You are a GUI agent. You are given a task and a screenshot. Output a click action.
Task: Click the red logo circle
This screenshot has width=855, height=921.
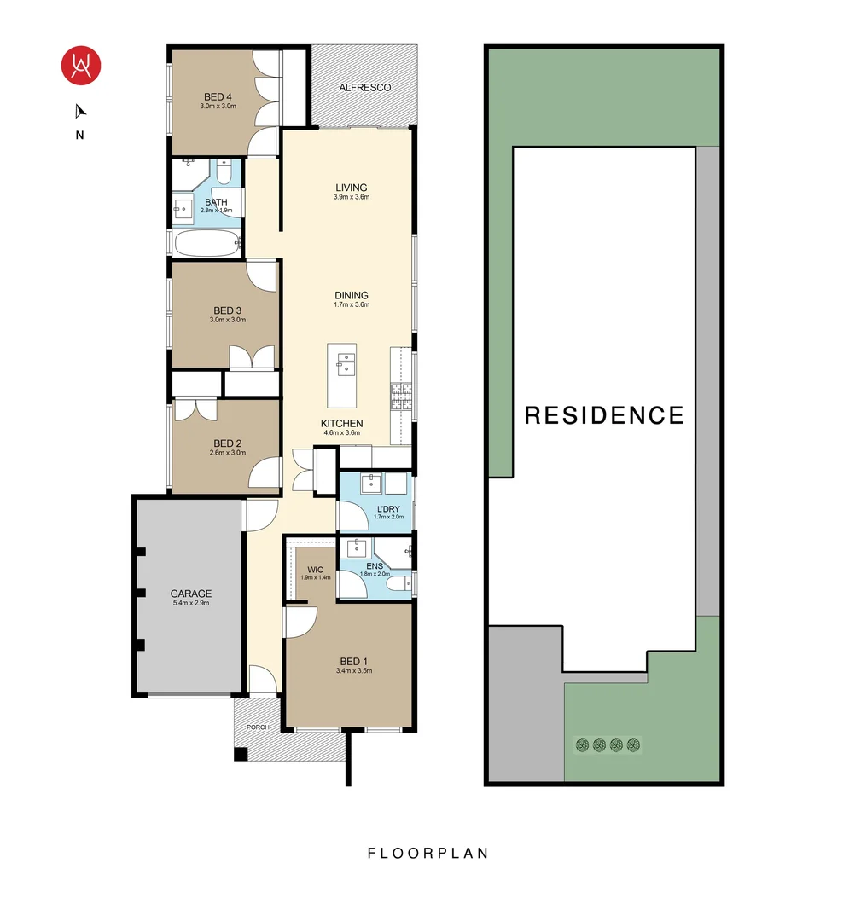(x=81, y=64)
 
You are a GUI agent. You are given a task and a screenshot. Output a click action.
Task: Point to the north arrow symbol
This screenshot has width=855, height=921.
(x=80, y=111)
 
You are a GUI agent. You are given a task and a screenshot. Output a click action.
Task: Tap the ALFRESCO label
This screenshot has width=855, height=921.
(x=364, y=88)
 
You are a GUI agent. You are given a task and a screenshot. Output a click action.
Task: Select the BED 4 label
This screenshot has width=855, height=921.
(x=218, y=96)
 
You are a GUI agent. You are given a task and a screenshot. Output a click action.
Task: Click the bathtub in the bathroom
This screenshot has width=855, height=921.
(x=207, y=243)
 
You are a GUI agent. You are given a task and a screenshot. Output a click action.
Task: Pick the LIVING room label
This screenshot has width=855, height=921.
(x=351, y=188)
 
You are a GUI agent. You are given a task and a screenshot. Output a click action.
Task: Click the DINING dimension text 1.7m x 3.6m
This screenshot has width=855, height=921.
(x=351, y=304)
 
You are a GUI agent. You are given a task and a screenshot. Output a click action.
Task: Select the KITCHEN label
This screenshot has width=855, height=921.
(x=342, y=424)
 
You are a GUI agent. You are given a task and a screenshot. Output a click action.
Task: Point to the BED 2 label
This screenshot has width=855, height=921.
(x=228, y=443)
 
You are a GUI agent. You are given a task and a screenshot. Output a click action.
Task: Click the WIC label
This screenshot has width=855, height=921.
(x=315, y=569)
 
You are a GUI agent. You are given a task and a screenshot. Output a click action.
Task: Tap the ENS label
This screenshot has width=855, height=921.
(x=374, y=565)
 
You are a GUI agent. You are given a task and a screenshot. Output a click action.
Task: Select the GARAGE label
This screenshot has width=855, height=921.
(x=191, y=594)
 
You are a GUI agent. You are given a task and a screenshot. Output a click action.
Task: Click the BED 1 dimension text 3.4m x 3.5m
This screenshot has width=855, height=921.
(x=356, y=671)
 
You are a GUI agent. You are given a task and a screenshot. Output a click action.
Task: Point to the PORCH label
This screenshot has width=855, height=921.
(x=257, y=727)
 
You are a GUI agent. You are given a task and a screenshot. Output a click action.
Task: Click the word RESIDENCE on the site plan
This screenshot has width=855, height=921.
(x=604, y=415)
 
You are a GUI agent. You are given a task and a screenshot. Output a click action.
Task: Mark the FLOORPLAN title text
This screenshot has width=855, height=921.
(x=427, y=853)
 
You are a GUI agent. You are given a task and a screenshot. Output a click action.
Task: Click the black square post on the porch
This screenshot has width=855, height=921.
(x=241, y=754)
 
